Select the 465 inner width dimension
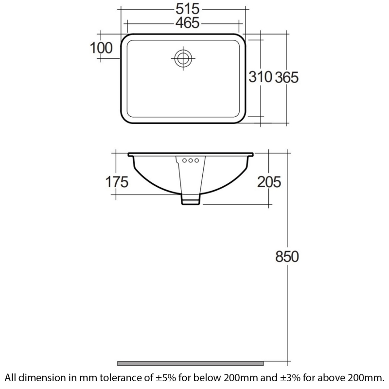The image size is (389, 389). (183, 23)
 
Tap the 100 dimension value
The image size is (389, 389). (101, 48)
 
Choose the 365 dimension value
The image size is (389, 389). (286, 77)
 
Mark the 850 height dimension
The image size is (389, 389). (286, 256)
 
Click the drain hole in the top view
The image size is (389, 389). (183, 58)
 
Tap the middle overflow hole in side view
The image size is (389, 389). (191, 160)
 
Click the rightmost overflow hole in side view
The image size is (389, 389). (196, 160)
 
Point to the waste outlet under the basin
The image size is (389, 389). (191, 199)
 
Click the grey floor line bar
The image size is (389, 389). (190, 363)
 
